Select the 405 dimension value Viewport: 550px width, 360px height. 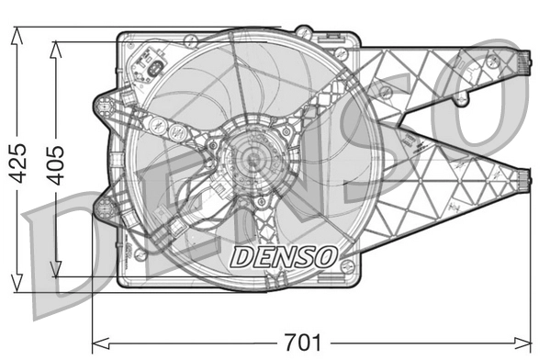click(55, 163)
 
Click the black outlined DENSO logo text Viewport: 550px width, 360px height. click(284, 255)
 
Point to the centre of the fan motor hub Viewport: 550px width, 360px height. click(251, 158)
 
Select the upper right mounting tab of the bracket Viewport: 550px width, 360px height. click(521, 63)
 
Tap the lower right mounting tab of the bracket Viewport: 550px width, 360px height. click(521, 182)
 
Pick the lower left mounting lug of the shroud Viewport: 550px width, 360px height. click(104, 208)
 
